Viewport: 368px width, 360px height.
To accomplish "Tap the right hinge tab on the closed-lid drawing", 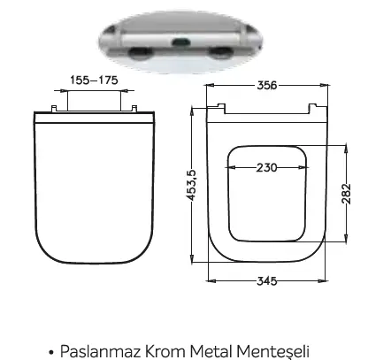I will coord(135,108).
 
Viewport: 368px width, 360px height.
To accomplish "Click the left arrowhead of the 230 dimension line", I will coord(229,166).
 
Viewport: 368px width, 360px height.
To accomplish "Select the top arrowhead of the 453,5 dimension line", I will coord(195,110).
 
